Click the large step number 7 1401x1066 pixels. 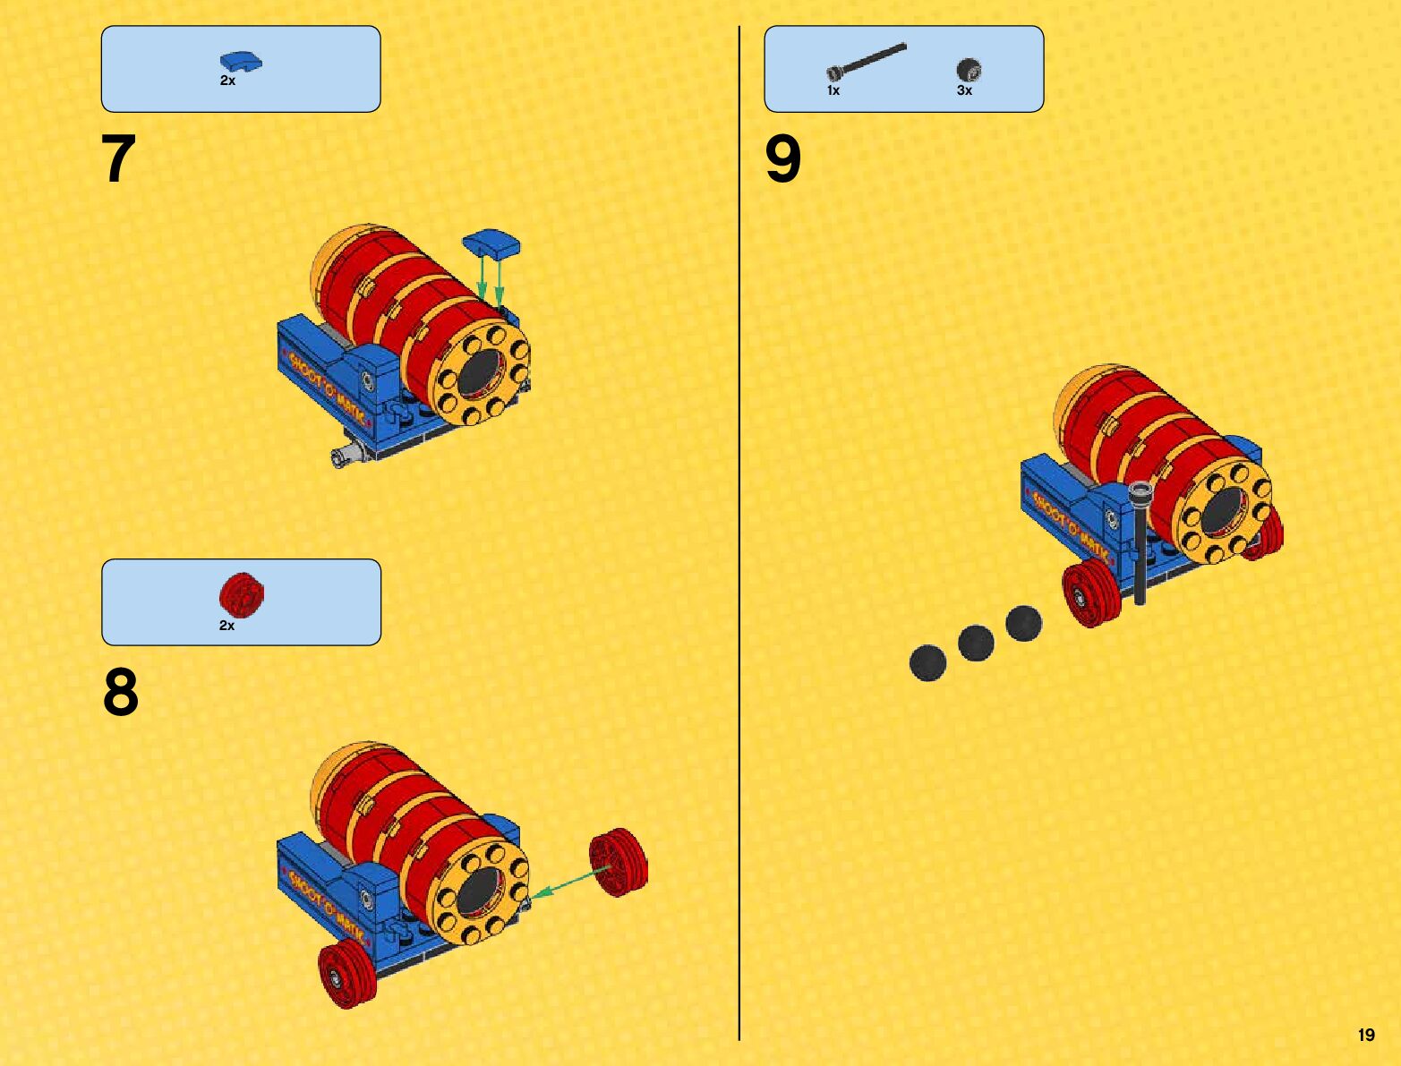click(119, 158)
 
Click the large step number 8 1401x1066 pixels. click(121, 692)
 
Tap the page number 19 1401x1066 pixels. click(1366, 1035)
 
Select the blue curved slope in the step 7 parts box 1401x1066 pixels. click(241, 61)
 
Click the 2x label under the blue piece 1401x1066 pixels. click(228, 81)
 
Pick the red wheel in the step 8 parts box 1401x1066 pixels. click(242, 594)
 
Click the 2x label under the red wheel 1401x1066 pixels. click(226, 626)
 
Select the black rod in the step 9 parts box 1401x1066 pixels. click(867, 62)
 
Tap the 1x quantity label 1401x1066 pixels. click(833, 90)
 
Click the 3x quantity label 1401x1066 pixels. click(964, 90)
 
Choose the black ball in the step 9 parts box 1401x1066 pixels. click(969, 70)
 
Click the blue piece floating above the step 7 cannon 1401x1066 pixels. click(491, 243)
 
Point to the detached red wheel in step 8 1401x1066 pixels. click(618, 863)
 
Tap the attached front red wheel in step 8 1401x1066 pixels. click(347, 974)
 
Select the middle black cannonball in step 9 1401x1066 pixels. click(976, 643)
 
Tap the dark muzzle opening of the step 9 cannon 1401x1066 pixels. click(1221, 512)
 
